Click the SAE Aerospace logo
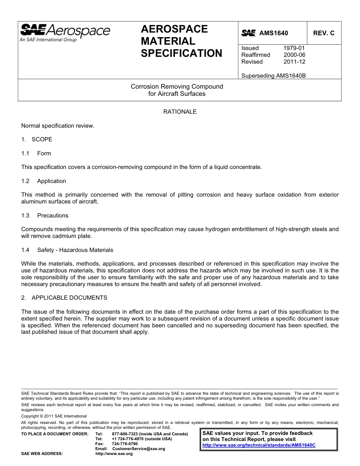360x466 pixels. pyautogui.click(x=65, y=33)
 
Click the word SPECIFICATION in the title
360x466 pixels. pyautogui.click(x=182, y=53)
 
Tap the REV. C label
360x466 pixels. pyautogui.click(x=324, y=33)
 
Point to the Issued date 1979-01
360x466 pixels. pyautogui.click(x=294, y=48)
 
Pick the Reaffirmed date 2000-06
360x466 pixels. pyautogui.click(x=294, y=55)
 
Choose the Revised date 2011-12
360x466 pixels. pyautogui.click(x=294, y=62)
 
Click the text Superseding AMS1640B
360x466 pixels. pyautogui.click(x=273, y=75)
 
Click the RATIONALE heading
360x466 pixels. pyautogui.click(x=180, y=112)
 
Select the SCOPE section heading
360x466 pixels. pyautogui.click(x=42, y=139)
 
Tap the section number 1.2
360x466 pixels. pyautogui.click(x=25, y=181)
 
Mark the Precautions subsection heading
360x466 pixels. pyautogui.click(x=53, y=216)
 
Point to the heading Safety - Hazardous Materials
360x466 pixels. pyautogui.click(x=75, y=250)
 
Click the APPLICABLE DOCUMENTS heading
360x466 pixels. pyautogui.click(x=69, y=298)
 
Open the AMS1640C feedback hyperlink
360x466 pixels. pyautogui.click(x=259, y=446)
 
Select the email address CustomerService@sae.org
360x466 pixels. pyautogui.click(x=139, y=449)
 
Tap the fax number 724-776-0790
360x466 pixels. pyautogui.click(x=125, y=444)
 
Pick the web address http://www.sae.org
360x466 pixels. pyautogui.click(x=114, y=453)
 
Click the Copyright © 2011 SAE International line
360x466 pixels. pyautogui.click(x=54, y=416)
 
